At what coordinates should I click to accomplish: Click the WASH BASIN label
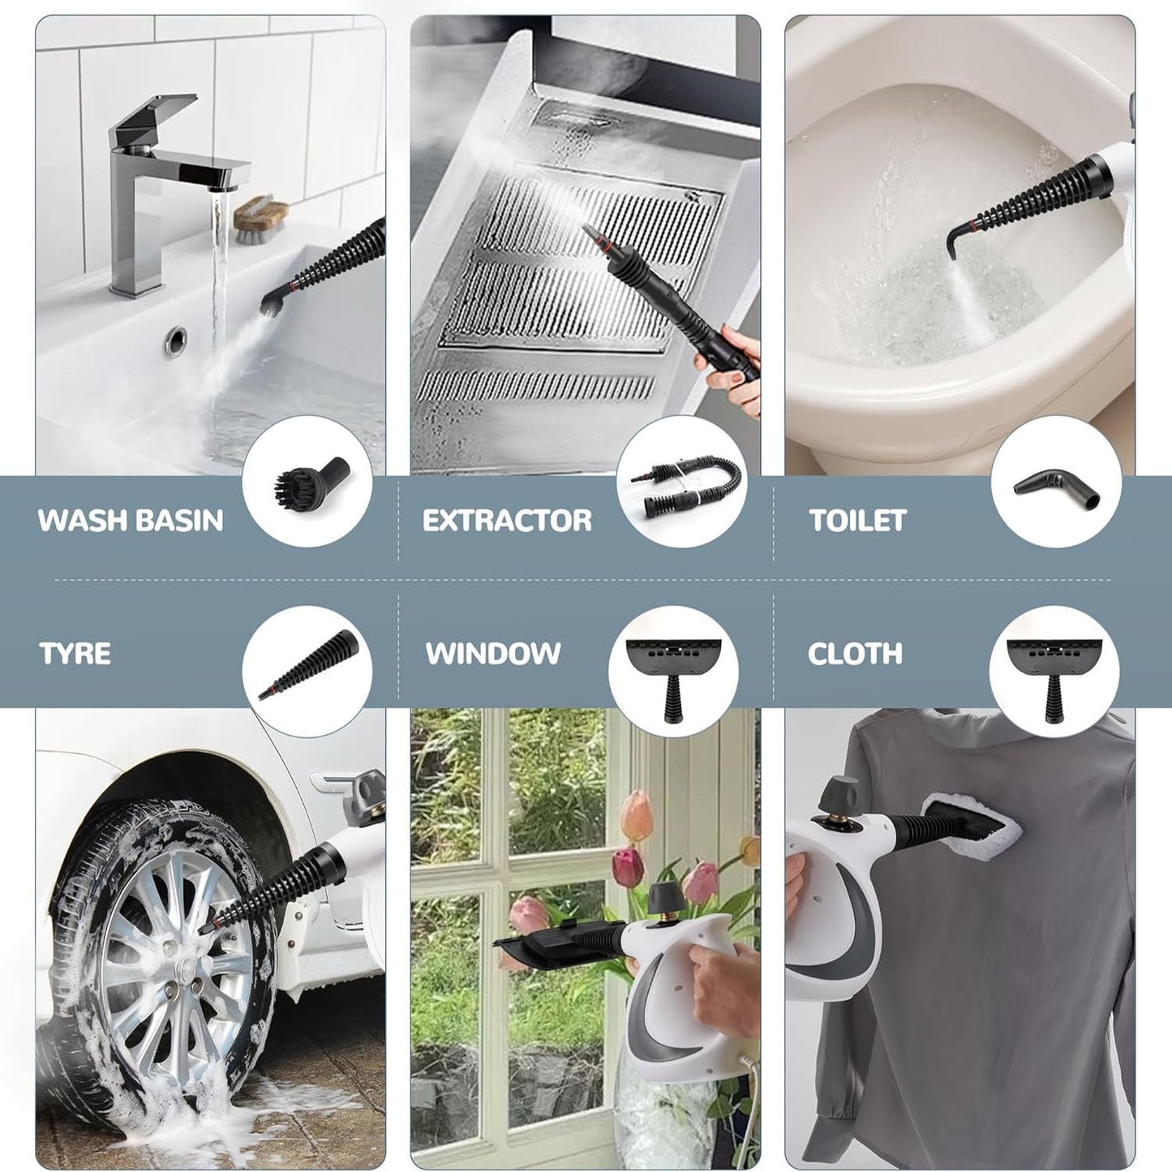pyautogui.click(x=131, y=520)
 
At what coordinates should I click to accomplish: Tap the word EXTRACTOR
pyautogui.click(x=507, y=520)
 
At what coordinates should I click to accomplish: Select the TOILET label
pyautogui.click(x=857, y=520)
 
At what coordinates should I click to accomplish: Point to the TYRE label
pyautogui.click(x=75, y=653)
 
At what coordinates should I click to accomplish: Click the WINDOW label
pyautogui.click(x=493, y=653)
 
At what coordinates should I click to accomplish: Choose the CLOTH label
pyautogui.click(x=855, y=653)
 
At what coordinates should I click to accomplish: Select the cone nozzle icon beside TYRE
pyautogui.click(x=307, y=666)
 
